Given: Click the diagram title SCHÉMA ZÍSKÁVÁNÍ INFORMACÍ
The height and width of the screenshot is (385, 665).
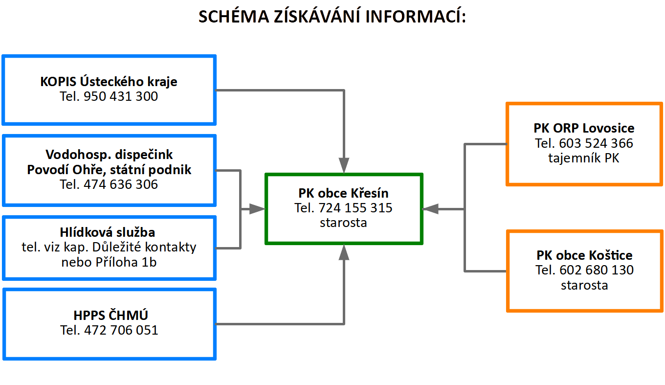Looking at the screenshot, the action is coord(332,16).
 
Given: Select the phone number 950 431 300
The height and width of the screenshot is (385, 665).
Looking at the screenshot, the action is coord(121,96).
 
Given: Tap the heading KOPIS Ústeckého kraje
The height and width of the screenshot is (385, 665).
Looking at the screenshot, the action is coord(109,81).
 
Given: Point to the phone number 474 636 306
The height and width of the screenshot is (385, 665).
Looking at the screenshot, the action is coord(121,184).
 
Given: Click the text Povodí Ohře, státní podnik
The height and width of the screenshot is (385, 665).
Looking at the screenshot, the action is coord(109,170).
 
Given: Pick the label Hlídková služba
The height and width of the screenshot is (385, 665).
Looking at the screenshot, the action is coord(108,232).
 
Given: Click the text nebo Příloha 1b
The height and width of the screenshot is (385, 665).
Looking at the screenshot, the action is coord(109,262).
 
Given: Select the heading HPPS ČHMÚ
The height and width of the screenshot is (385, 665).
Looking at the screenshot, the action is coord(111,315).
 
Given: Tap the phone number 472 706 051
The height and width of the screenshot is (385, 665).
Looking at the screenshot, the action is coord(121,330).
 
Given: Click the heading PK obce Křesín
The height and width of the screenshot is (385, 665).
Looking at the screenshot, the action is coord(343,193).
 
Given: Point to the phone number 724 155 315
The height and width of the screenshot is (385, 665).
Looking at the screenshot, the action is coord(355,208).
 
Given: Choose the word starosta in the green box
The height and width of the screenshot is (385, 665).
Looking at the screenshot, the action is coord(343,223).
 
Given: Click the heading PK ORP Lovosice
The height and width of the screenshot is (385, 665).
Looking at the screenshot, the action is coord(584,128).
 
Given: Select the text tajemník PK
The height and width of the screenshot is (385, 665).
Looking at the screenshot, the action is coord(584,158).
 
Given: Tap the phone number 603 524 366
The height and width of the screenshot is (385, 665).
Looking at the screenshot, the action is coord(596,143).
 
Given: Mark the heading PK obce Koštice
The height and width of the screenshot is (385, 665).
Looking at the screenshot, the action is coord(584,255).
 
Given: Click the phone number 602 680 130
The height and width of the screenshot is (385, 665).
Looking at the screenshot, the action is coord(597,270).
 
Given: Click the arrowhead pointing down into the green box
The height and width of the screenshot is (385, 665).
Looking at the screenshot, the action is coord(344,165).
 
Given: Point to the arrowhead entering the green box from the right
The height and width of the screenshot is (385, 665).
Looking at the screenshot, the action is coord(430,209).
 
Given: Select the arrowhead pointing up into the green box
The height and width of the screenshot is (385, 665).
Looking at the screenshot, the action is coord(344,252).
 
